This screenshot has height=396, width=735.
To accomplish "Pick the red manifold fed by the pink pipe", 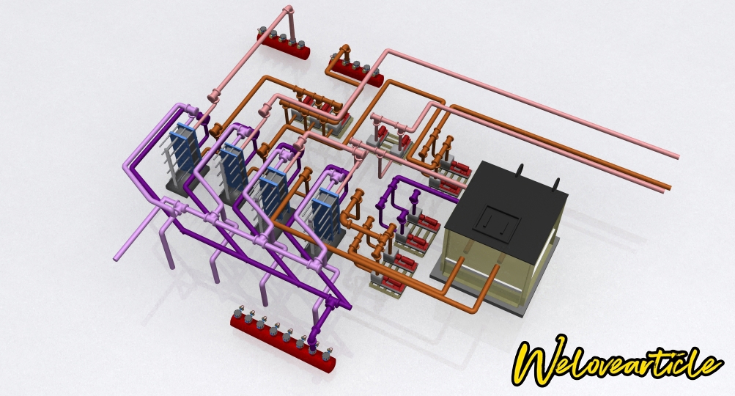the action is click(283, 45).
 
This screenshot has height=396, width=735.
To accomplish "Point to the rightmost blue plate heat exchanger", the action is click(327, 213).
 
